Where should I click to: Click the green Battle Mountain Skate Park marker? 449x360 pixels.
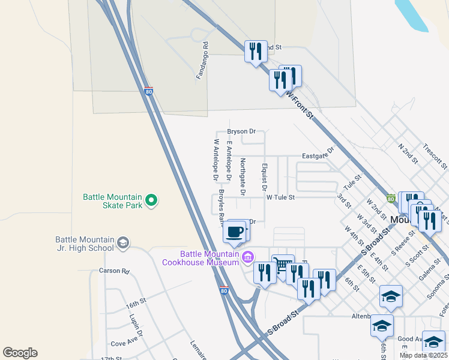(x=151, y=200)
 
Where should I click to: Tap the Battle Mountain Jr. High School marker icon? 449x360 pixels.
(x=123, y=243)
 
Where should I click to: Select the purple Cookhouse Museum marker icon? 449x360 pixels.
(x=248, y=257)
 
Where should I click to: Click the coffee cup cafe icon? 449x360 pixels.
(x=235, y=232)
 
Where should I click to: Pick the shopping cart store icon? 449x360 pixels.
(x=281, y=265)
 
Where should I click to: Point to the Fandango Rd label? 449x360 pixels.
(x=202, y=61)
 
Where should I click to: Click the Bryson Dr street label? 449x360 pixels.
(x=241, y=131)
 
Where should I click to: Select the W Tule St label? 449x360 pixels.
(x=281, y=196)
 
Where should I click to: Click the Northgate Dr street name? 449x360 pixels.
(x=243, y=176)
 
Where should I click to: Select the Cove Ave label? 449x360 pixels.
(x=125, y=344)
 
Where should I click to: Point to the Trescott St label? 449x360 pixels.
(x=435, y=155)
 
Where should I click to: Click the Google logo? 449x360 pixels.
(x=20, y=353)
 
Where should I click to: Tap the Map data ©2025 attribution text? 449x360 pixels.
(x=423, y=355)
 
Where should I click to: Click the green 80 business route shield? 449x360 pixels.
(x=391, y=199)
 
